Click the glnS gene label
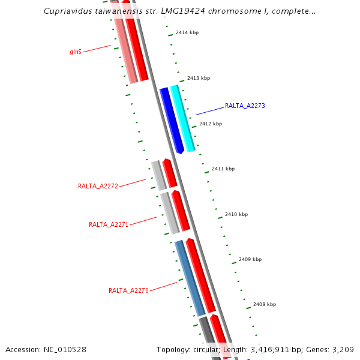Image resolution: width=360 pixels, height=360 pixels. coord(76,52)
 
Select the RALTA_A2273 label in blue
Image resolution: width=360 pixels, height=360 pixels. coord(245,106)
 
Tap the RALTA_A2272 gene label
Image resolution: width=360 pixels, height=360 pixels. coord(98,186)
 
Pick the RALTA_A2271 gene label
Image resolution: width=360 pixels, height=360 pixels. coord(109,224)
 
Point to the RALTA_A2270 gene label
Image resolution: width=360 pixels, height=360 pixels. coord(128,290)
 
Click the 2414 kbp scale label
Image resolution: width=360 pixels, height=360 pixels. coord(187,32)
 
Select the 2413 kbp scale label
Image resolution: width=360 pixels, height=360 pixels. coord(199,78)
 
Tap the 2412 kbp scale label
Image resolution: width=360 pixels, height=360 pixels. coord(211,124)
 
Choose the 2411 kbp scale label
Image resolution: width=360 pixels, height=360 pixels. coord(223,169)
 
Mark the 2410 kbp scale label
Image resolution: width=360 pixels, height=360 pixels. coord(236,214)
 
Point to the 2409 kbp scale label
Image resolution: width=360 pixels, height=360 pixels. coord(250,259)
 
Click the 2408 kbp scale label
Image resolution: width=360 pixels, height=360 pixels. coord(265,304)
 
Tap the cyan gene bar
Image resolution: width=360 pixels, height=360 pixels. coord(183,118)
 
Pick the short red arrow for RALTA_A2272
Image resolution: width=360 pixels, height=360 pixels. coord(170,173)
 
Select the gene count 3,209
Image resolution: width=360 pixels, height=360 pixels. coord(341,349)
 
